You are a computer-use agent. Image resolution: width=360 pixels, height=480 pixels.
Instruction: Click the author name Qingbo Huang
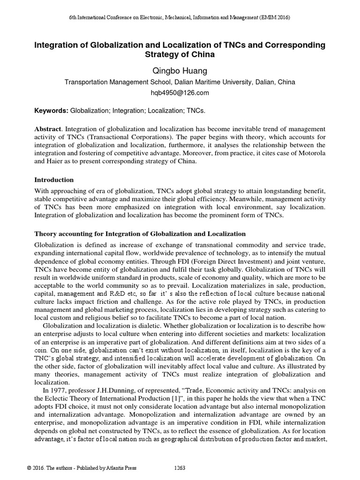180,71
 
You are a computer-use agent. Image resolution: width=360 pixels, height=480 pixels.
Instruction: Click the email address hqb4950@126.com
180,92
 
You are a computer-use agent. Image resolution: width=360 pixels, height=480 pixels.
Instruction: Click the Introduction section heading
54,180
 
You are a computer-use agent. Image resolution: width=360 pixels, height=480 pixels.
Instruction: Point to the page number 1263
180,468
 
